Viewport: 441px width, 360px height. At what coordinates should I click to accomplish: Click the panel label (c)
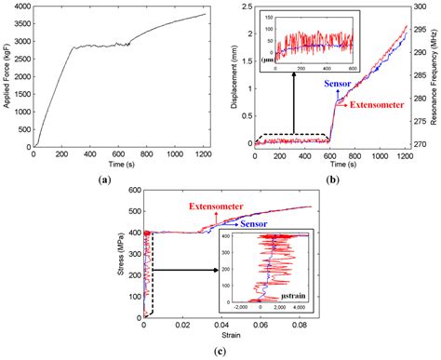pos(220,350)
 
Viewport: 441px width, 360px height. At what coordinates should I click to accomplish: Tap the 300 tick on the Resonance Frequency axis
pos(419,7)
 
